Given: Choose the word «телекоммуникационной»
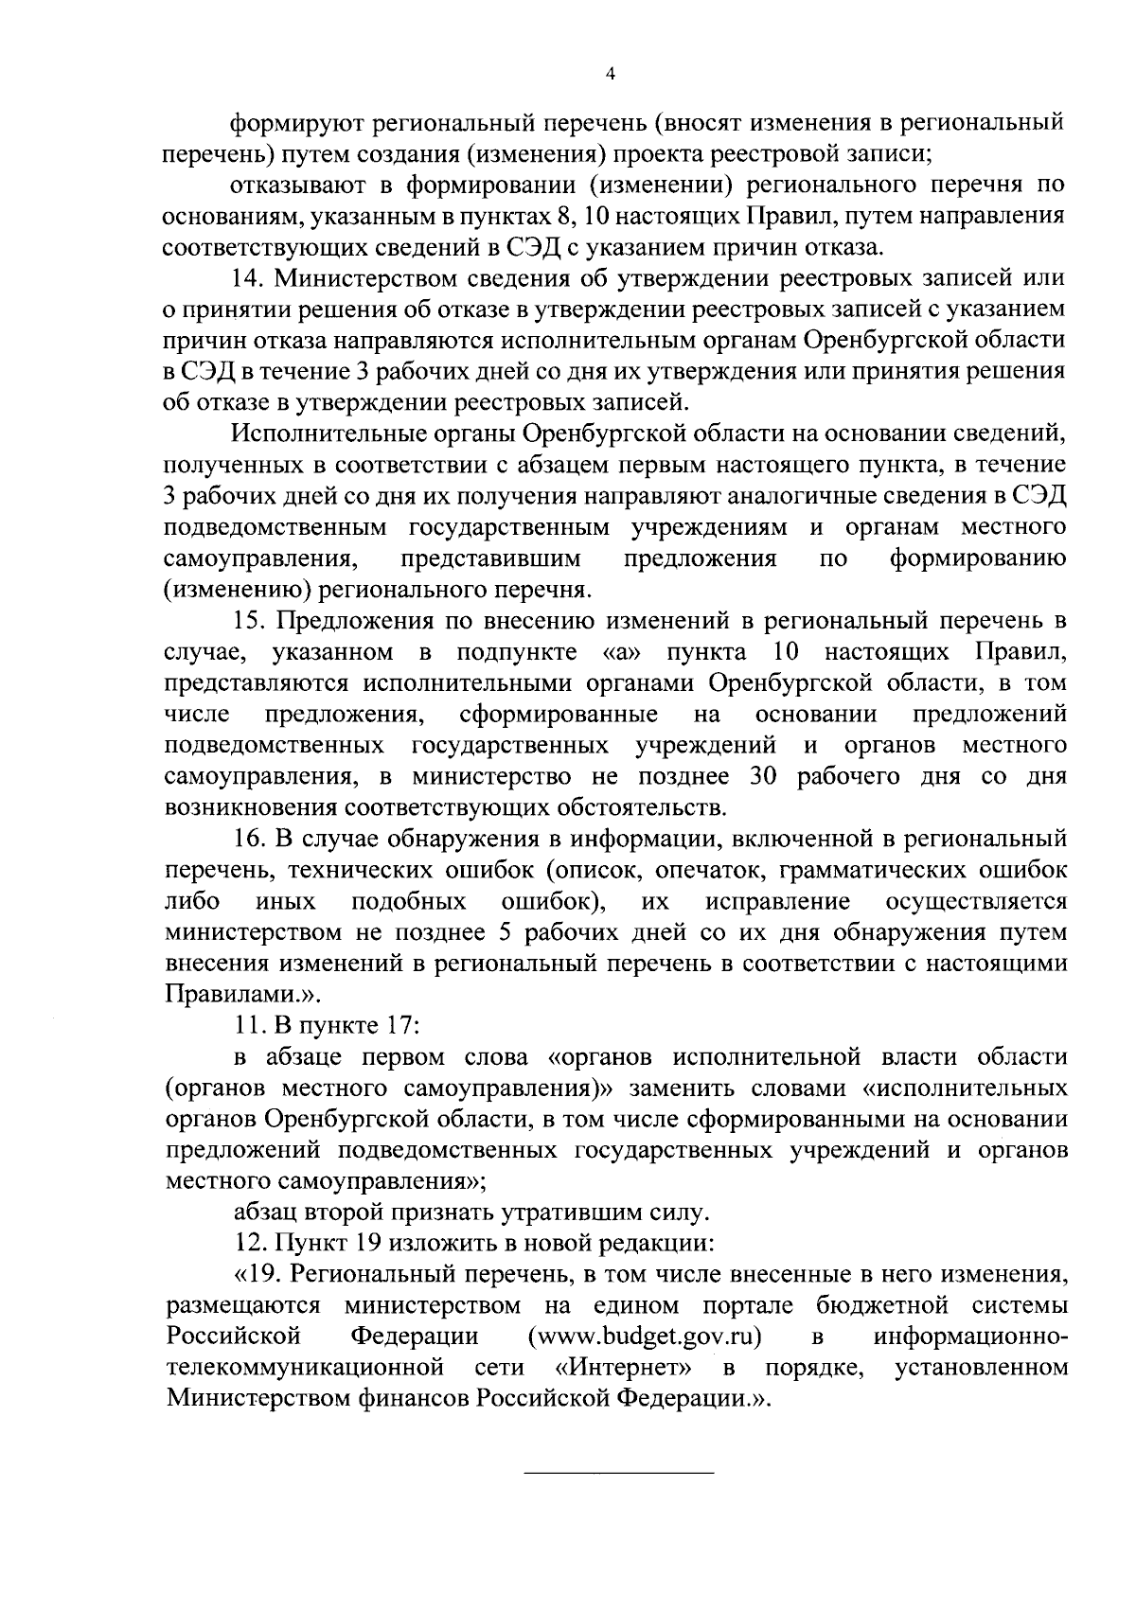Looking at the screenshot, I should (306, 1368).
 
